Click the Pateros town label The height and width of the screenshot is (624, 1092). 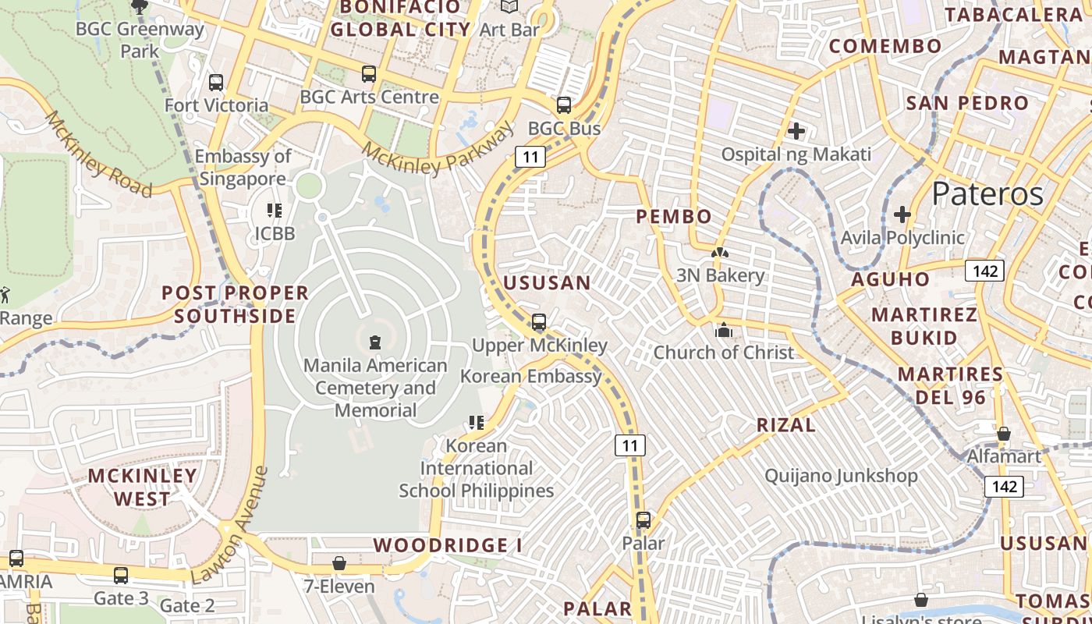[987, 193]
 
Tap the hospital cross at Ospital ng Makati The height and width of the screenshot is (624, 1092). [796, 131]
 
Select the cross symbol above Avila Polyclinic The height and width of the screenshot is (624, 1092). [902, 214]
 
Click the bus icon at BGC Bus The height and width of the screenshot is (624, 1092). [564, 105]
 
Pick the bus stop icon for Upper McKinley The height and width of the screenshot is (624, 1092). [539, 321]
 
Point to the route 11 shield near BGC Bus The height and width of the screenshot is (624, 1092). [530, 157]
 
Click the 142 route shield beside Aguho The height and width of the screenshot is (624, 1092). [984, 271]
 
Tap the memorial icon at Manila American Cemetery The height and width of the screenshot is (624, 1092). [375, 342]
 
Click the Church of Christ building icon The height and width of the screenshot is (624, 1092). [724, 330]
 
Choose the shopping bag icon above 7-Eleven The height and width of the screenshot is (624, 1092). [339, 562]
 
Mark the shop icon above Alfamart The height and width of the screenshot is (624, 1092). [1004, 433]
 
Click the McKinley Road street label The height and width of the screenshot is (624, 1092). [98, 154]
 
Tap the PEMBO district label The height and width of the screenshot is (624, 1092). [674, 217]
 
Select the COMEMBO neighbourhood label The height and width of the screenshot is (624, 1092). [885, 46]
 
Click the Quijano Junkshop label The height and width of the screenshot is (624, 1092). [841, 476]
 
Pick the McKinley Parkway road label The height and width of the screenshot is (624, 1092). [438, 150]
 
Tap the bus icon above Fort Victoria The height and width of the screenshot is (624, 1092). [216, 82]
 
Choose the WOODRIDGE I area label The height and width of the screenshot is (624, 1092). [448, 545]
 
